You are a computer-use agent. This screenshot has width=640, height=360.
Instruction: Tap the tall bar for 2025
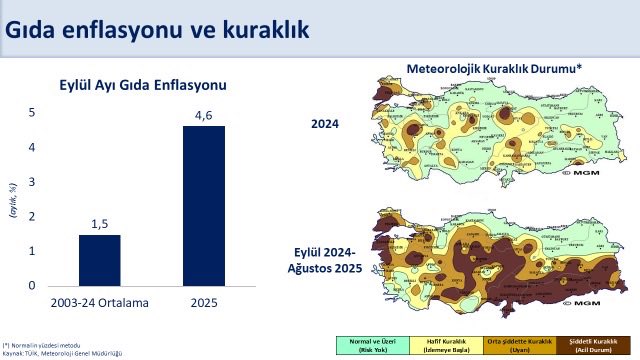[x=203, y=206]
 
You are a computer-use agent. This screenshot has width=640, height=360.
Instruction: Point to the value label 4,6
[x=203, y=116]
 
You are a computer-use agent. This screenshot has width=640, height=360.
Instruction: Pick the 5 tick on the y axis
[x=31, y=113]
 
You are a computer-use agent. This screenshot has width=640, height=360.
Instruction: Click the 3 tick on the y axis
[x=31, y=182]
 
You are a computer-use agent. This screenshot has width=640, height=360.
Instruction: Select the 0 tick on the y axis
[x=31, y=286]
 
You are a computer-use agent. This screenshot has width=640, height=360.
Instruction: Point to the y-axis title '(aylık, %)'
[x=13, y=199]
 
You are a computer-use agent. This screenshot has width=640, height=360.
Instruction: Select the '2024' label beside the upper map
[x=325, y=124]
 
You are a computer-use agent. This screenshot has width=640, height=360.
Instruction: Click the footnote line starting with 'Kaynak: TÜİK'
[x=62, y=353]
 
